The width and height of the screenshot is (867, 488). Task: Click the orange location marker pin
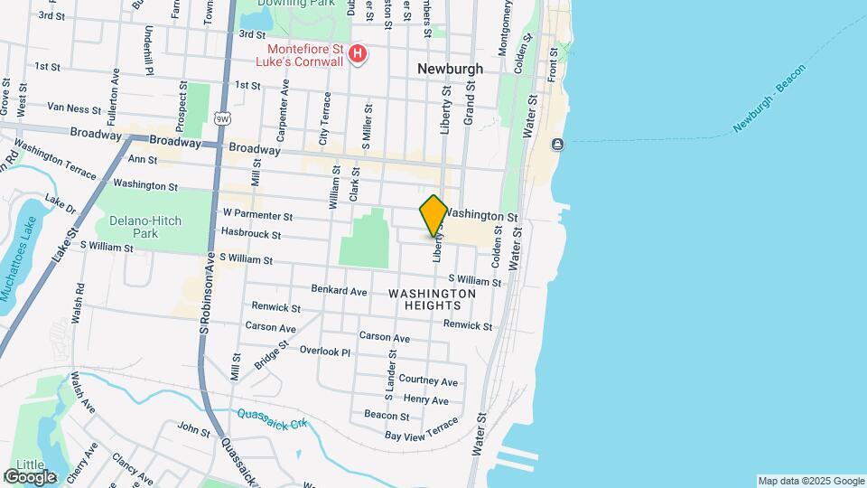coord(433,215)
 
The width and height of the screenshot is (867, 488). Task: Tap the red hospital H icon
coord(358,55)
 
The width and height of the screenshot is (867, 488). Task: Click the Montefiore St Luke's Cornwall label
coord(306,55)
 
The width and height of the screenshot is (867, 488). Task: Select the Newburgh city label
coord(450,69)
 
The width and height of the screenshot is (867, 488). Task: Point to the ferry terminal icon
coord(557,145)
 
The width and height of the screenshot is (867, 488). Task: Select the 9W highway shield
coord(221,117)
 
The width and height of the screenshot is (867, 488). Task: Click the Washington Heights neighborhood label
coord(432,299)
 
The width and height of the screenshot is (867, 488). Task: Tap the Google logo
coord(30,476)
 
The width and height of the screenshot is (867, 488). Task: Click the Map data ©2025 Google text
coord(810,481)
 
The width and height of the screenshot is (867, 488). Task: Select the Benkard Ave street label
coord(339,291)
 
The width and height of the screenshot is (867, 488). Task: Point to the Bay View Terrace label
coord(422,430)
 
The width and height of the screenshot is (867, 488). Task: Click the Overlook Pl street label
coord(324,352)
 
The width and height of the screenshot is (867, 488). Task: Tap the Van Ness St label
coord(74,108)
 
